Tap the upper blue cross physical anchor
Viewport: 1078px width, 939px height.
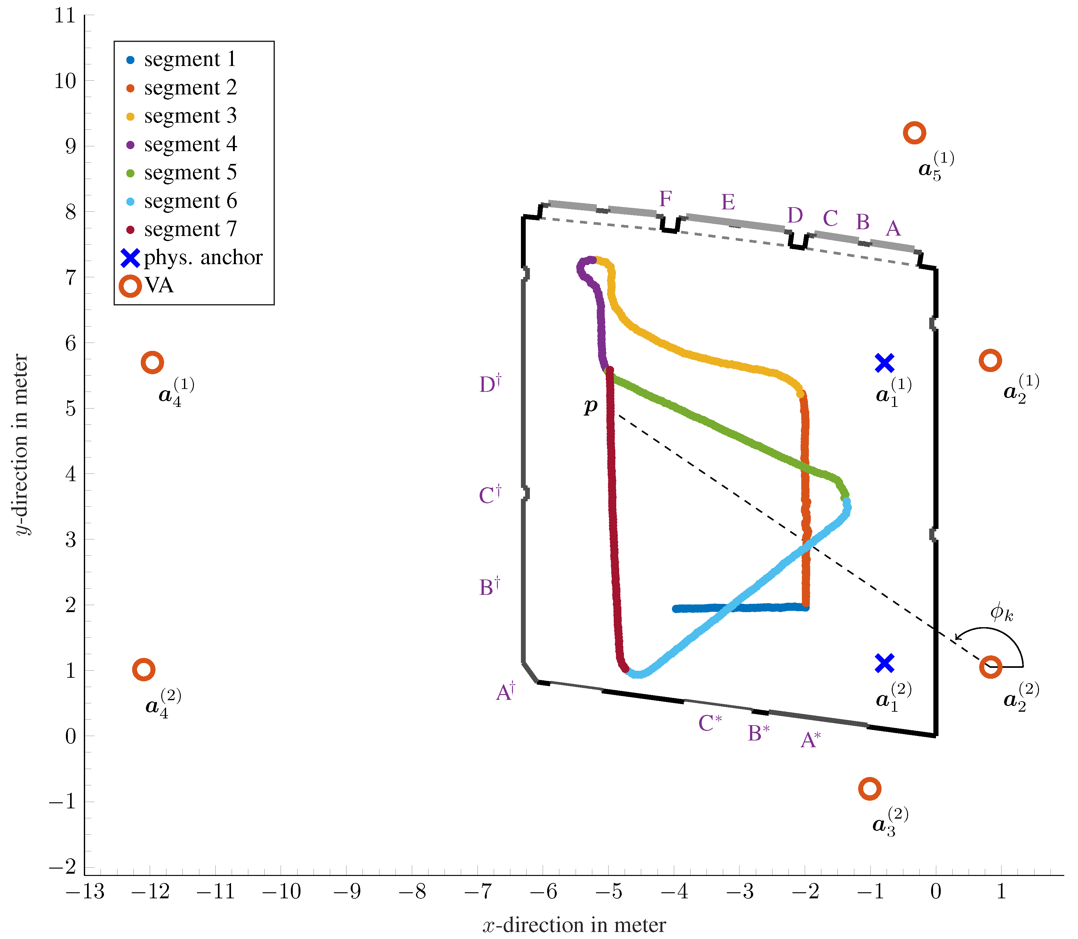point(884,363)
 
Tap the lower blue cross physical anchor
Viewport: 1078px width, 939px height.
point(884,663)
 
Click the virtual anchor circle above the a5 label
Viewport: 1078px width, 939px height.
point(914,133)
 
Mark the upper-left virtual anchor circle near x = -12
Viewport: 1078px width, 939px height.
point(152,363)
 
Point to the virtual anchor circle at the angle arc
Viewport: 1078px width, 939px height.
point(991,667)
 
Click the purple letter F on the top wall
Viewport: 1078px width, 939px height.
point(665,199)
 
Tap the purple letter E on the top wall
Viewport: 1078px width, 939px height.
point(728,202)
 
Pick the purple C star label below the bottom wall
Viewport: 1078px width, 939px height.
point(710,723)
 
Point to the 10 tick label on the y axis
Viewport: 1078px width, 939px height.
point(65,81)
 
